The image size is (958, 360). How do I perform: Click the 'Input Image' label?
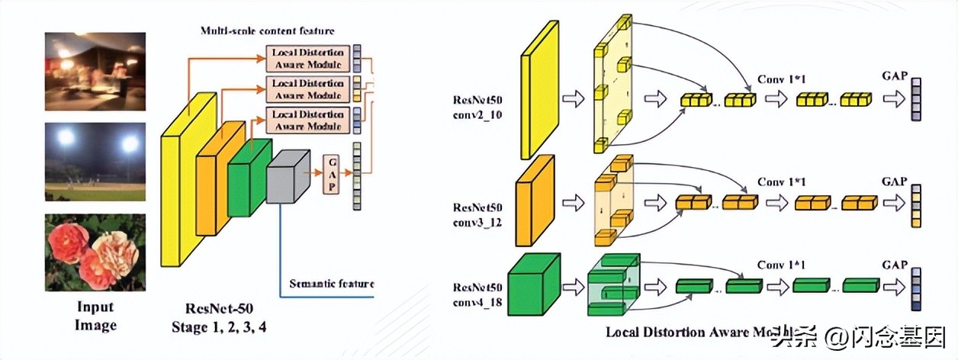95,316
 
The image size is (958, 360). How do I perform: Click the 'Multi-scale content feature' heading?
267,31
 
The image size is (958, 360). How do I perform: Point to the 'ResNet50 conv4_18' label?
477,294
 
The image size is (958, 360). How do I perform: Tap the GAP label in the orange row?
894,182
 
